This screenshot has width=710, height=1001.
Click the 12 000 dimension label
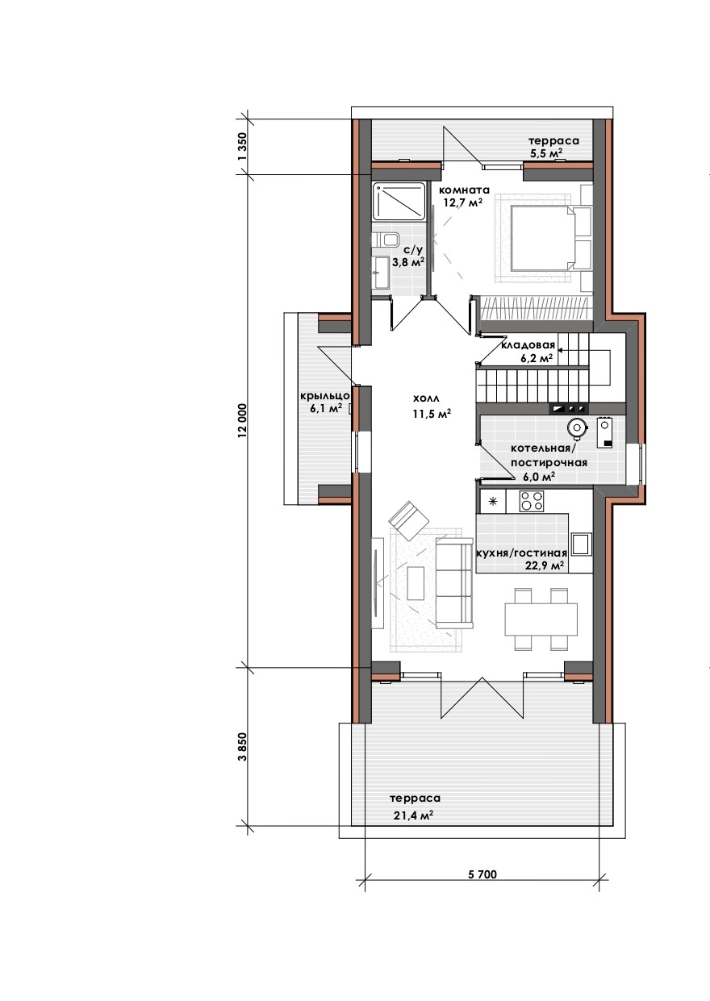tap(242, 420)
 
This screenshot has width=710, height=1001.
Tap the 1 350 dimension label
tap(242, 146)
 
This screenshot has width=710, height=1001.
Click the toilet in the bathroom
tap(386, 240)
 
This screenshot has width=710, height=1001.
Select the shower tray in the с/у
tap(399, 201)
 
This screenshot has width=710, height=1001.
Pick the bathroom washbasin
tap(382, 273)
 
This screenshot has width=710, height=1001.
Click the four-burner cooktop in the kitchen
tap(532, 501)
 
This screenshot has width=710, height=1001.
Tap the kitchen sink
tap(581, 544)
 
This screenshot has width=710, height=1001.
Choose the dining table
tap(541, 619)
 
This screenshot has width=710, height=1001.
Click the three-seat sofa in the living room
tap(454, 583)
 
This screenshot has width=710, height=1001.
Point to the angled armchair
tap(408, 520)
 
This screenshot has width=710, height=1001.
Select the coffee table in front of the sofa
tap(416, 583)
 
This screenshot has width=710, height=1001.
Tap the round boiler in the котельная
tap(577, 428)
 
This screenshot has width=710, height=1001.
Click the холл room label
tap(427, 398)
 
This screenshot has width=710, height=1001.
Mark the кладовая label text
tap(528, 345)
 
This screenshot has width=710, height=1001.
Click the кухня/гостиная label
tap(522, 553)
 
